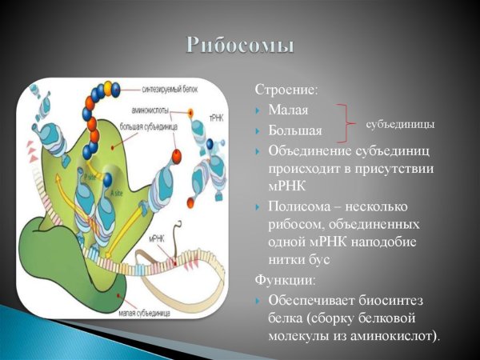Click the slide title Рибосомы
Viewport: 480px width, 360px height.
coord(240,45)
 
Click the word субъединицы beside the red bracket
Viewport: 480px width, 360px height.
coord(400,125)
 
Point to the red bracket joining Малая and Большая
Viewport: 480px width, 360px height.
coord(346,120)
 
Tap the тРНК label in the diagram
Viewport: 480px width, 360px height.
coord(216,118)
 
